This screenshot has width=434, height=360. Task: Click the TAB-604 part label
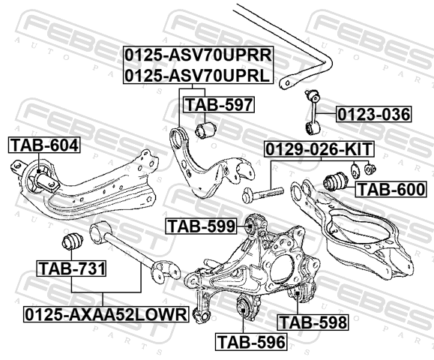[x=44, y=145]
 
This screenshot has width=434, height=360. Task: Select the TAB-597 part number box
[x=219, y=105]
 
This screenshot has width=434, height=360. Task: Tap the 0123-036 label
[x=374, y=114]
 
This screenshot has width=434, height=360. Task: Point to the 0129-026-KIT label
[x=319, y=149]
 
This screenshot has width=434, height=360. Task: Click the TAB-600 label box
[x=391, y=190]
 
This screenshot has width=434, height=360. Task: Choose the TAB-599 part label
[x=201, y=226]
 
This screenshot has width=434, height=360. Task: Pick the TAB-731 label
[x=72, y=268]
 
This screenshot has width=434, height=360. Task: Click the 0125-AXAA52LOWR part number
[x=106, y=314]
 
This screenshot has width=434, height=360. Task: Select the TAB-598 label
[x=313, y=322]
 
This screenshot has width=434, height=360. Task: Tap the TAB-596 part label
[x=251, y=342]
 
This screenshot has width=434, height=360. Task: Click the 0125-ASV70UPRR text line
[x=198, y=55]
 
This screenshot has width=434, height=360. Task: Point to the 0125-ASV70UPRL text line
[x=197, y=75]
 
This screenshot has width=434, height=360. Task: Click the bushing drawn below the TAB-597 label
[x=206, y=129]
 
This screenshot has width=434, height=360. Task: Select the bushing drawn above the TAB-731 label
[x=72, y=241]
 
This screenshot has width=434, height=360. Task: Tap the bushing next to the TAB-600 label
[x=334, y=181]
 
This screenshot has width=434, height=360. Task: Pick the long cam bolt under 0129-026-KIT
[x=262, y=193]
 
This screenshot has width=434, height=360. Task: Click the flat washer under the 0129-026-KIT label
[x=355, y=170]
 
